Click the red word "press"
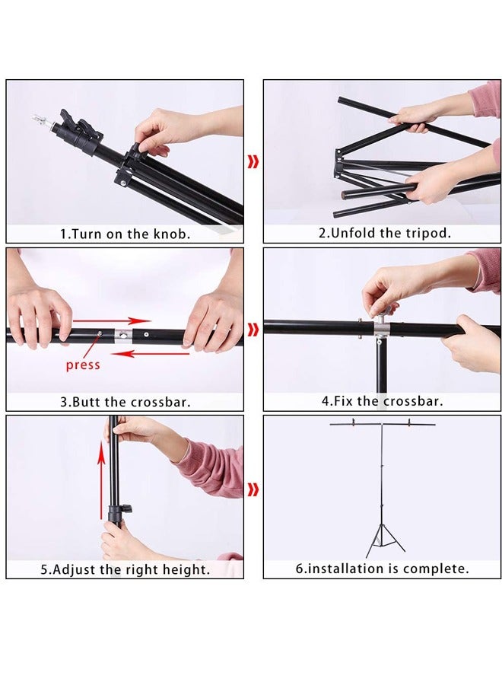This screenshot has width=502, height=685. click(x=83, y=365)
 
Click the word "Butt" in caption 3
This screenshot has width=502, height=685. click(x=86, y=401)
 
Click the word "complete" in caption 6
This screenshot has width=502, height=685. click(x=436, y=569)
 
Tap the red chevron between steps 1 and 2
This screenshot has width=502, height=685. click(x=253, y=161)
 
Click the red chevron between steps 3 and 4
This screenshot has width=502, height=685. click(x=253, y=330)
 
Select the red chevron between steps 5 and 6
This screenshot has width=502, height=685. click(x=253, y=490)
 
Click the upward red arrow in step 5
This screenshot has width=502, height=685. click(x=102, y=479)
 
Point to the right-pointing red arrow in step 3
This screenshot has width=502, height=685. click(x=112, y=321)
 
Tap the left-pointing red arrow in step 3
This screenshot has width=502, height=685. click(x=150, y=352)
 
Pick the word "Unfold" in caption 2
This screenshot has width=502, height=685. click(x=353, y=233)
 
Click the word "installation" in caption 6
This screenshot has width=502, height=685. click(x=352, y=569)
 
